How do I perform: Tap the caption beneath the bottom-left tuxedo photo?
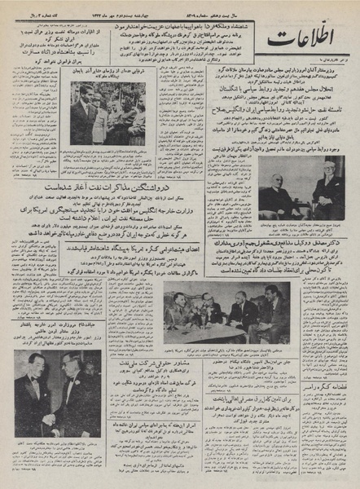point(52,456)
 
